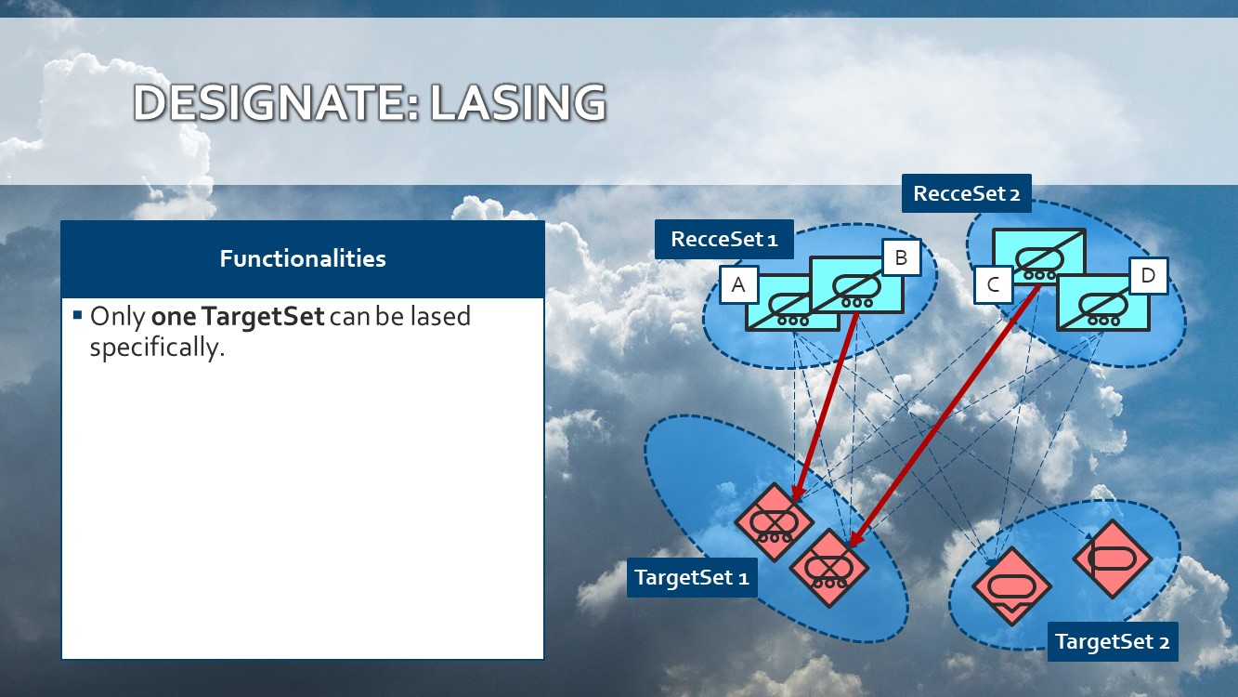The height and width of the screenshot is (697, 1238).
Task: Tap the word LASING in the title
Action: [518, 103]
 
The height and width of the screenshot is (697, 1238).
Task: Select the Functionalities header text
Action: [303, 258]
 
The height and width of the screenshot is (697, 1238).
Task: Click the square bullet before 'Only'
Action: [77, 315]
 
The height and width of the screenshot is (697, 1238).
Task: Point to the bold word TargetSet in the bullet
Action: [263, 316]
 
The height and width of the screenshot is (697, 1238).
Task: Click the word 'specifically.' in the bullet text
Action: [158, 348]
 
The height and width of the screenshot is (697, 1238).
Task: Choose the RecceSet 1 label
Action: [724, 239]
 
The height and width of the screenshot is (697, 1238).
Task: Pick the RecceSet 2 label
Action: [967, 193]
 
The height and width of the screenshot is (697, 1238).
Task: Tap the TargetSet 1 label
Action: [692, 577]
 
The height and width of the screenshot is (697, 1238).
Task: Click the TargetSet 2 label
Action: [1113, 641]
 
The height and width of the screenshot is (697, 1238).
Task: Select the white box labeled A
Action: [739, 285]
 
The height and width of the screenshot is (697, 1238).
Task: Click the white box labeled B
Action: [902, 257]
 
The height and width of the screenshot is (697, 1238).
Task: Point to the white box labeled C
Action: [993, 285]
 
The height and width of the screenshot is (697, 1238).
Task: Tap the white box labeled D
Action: [1149, 275]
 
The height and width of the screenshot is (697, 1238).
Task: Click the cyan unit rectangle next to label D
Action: [1103, 303]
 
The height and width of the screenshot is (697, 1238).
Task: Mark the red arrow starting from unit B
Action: [825, 408]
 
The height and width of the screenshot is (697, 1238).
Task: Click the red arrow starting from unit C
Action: [944, 416]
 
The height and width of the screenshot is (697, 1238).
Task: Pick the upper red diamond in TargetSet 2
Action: [1113, 559]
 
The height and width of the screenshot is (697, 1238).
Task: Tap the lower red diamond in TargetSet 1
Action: [829, 568]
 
